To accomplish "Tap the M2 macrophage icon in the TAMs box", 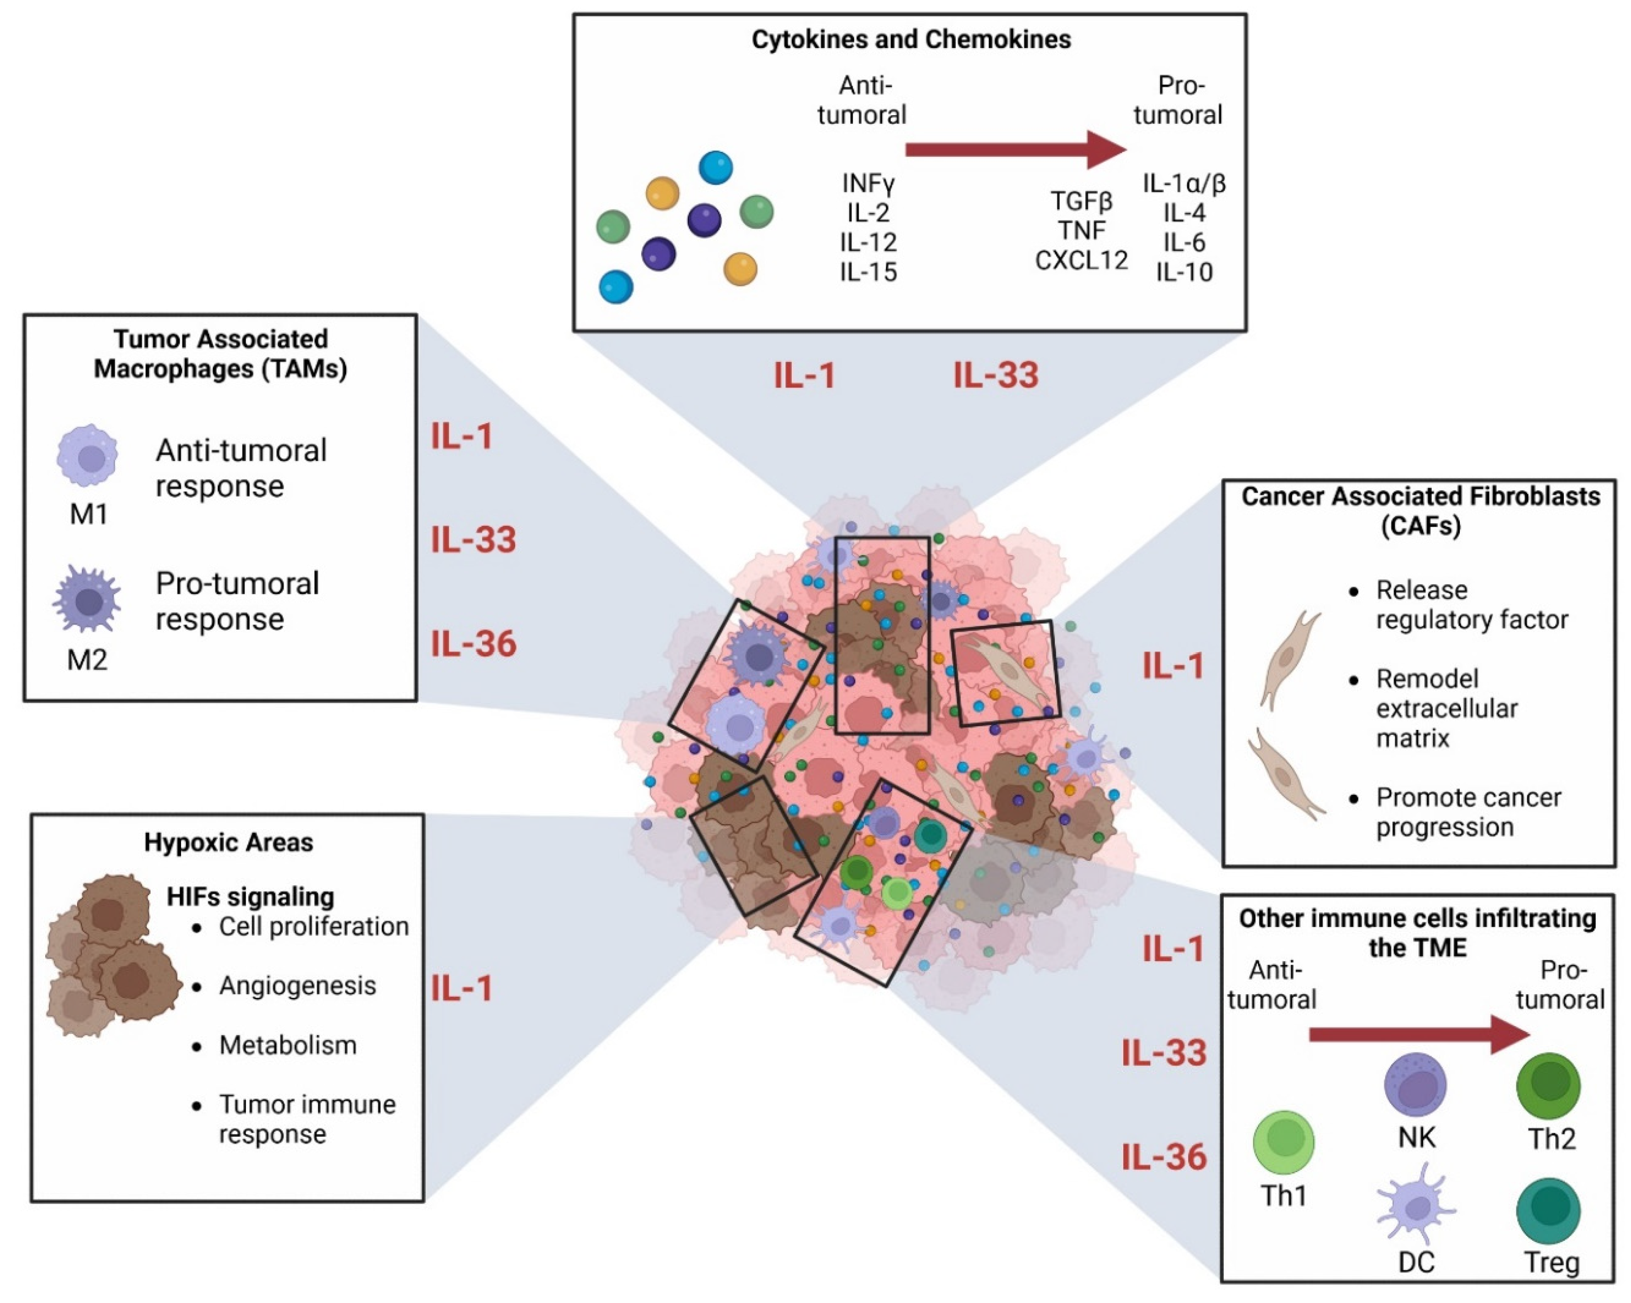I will [x=88, y=599].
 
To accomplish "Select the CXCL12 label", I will [x=1081, y=260].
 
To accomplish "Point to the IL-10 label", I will [x=1184, y=272].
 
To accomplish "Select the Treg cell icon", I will [x=1548, y=1211].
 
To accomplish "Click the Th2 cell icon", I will [x=1548, y=1086].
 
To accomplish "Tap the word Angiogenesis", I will [x=298, y=985].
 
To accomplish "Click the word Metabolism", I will [x=288, y=1045].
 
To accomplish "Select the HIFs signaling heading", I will [x=250, y=897].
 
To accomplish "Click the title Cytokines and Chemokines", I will [x=911, y=39].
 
